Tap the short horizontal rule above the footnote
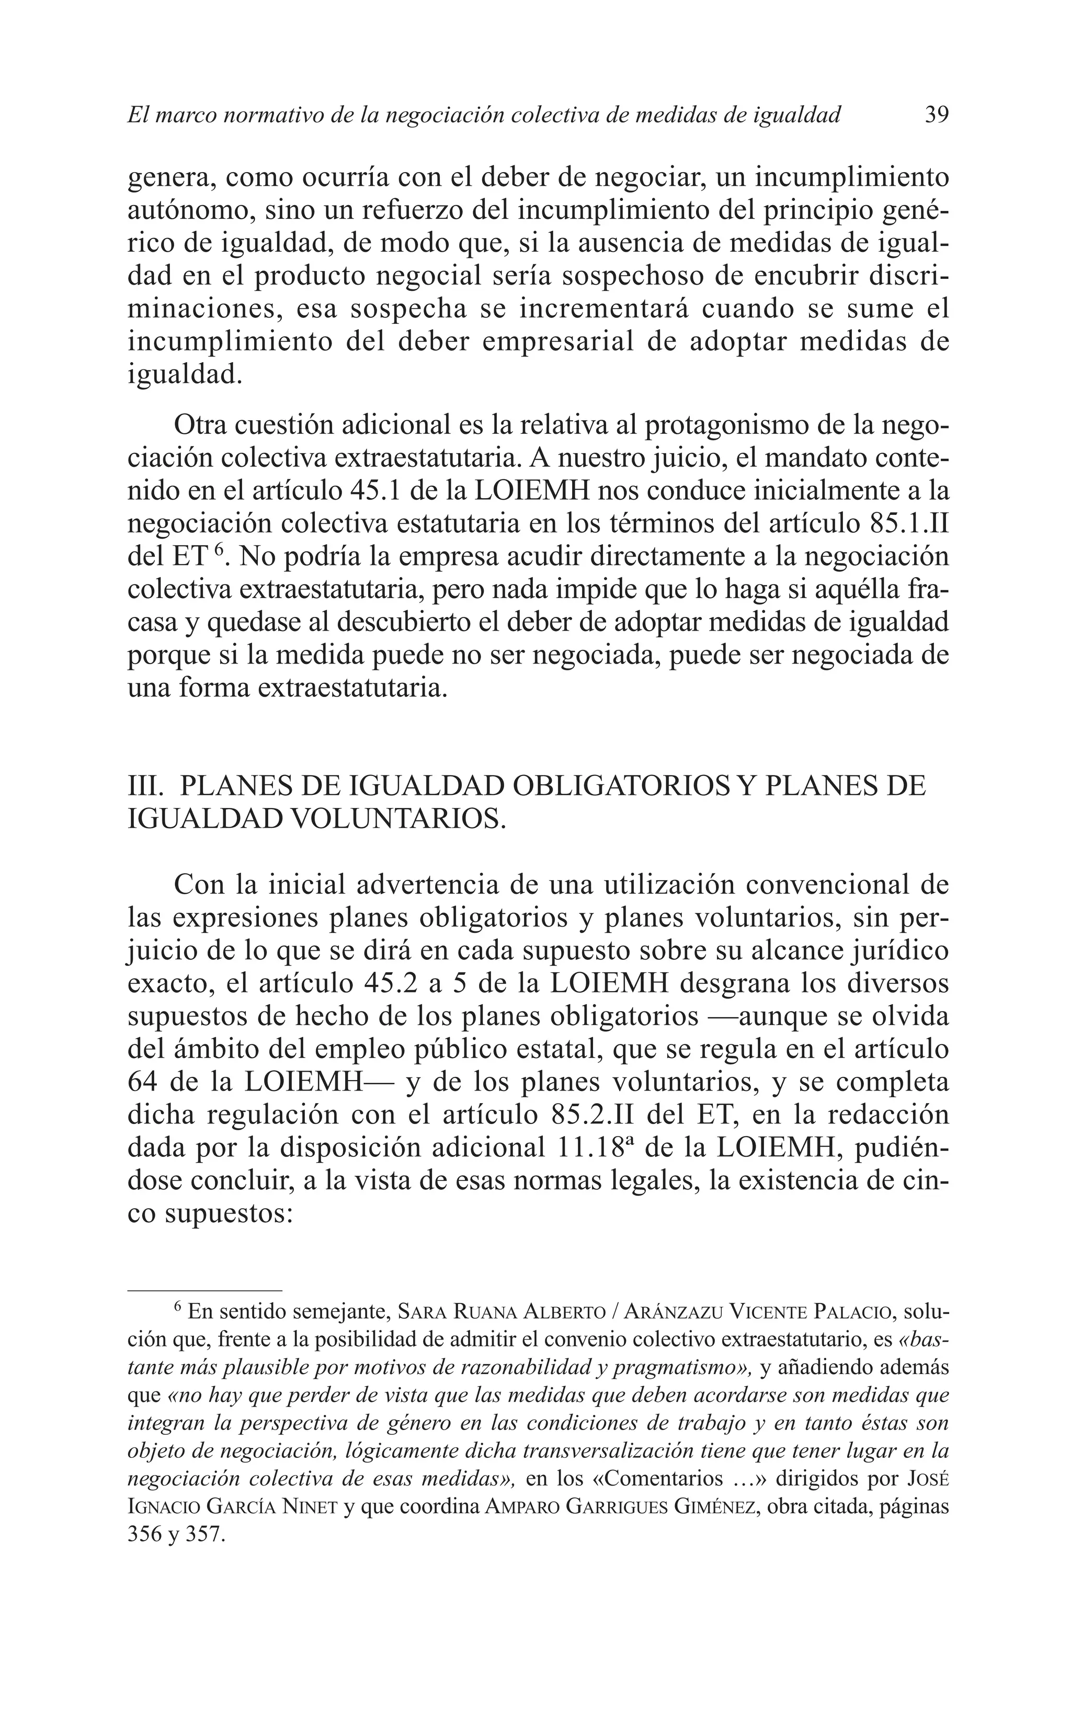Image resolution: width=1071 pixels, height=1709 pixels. tap(204, 1290)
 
